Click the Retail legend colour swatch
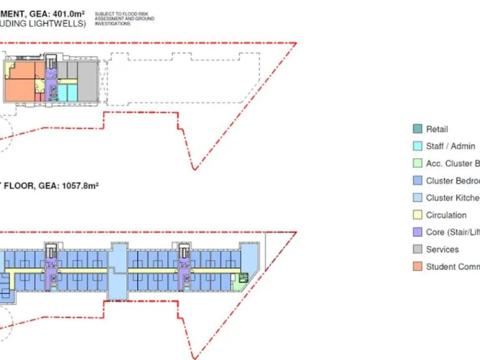417,129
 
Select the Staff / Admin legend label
450,146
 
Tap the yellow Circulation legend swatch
417,215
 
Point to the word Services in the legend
442,249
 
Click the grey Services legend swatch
417,249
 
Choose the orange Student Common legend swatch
417,266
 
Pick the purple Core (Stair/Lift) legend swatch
417,232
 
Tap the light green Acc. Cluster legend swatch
417,164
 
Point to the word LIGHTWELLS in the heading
59,24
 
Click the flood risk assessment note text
124,19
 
